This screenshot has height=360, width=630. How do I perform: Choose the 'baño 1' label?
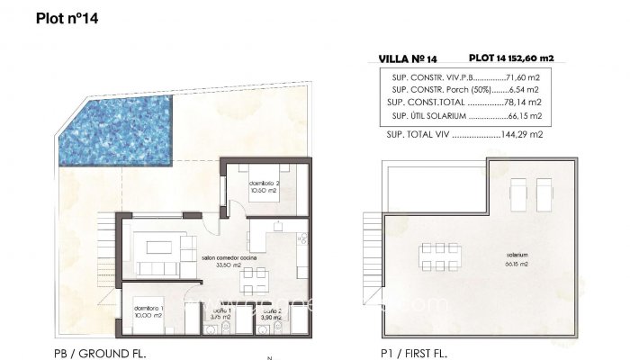pos(220,314)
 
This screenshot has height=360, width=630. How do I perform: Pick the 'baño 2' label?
pos(271,314)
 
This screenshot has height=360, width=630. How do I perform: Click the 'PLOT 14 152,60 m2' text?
pos(511,58)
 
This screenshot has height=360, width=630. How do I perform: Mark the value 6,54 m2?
pos(522,90)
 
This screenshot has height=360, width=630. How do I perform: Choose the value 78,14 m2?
pos(520,103)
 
